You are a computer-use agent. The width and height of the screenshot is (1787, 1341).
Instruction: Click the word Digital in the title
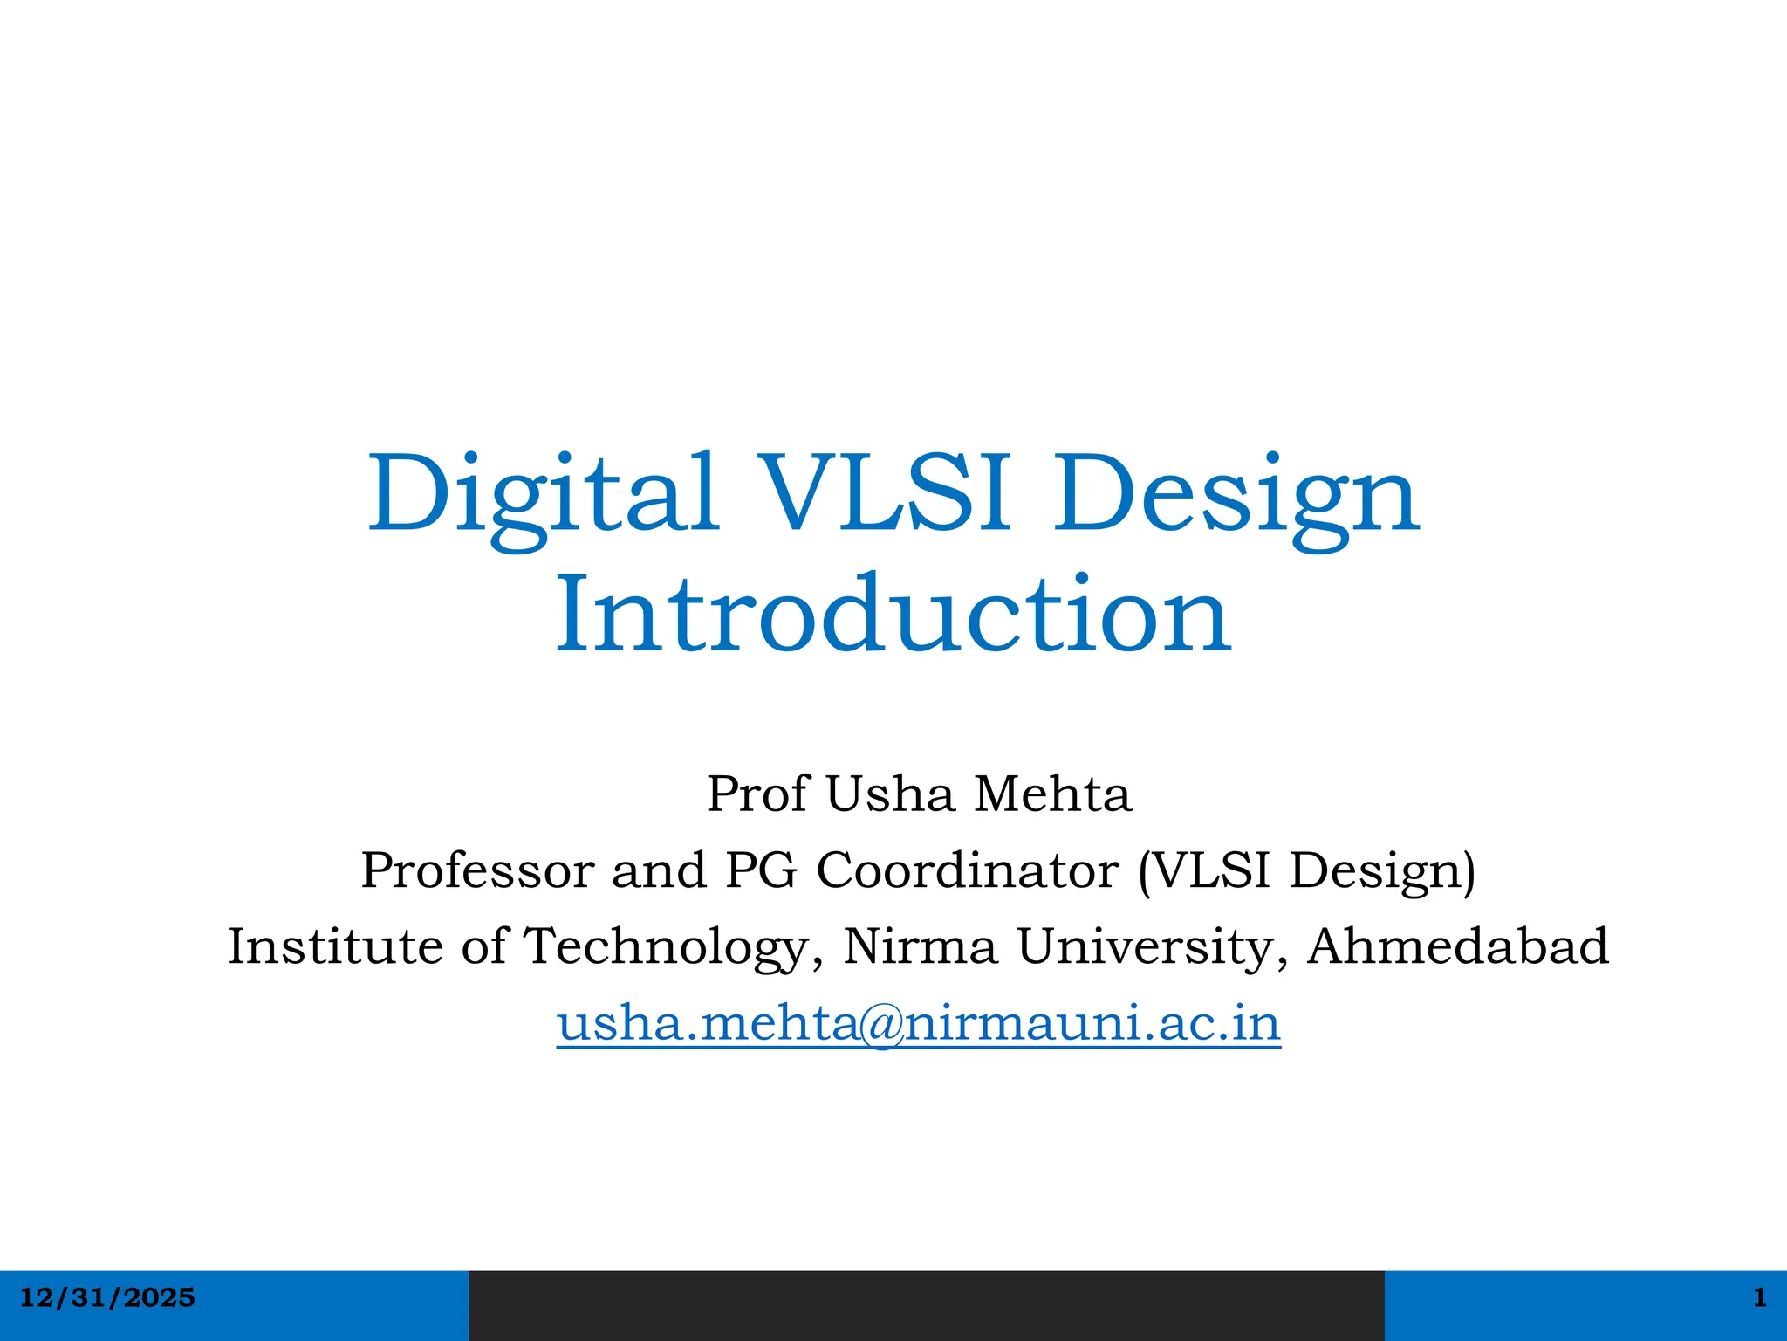click(x=542, y=495)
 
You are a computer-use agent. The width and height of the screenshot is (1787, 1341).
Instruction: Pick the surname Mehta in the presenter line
click(x=1052, y=794)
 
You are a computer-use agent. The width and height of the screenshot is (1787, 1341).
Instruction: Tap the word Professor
click(x=477, y=870)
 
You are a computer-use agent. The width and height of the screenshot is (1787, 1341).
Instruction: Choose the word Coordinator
click(x=968, y=870)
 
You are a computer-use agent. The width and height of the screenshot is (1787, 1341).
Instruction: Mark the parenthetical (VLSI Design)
click(x=1307, y=871)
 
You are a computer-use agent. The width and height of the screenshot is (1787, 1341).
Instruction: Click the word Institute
click(x=335, y=946)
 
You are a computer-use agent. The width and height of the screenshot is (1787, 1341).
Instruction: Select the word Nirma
click(x=921, y=946)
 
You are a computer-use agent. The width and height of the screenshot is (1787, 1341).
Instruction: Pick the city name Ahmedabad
click(x=1457, y=946)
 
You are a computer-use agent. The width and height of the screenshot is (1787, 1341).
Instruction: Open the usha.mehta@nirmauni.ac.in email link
click(x=919, y=1023)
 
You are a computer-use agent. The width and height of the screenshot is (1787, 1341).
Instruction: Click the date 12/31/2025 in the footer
click(x=107, y=1298)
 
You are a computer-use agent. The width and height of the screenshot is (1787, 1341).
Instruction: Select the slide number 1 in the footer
click(x=1759, y=1298)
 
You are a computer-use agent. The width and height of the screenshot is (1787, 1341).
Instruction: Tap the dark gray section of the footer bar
click(x=926, y=1305)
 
